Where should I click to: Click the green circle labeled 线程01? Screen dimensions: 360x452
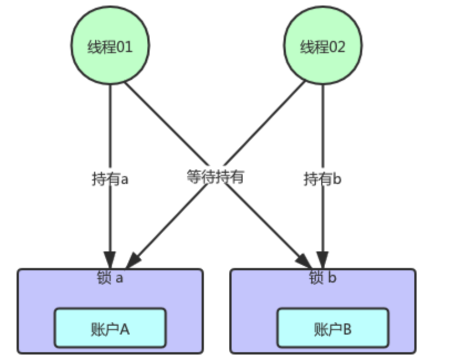110,46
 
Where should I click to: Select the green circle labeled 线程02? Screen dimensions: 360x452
323,46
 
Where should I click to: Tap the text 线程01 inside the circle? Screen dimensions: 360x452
110,47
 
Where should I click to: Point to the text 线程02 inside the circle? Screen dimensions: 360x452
323,47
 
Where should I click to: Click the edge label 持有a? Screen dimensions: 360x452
110,179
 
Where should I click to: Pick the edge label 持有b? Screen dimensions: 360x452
323,179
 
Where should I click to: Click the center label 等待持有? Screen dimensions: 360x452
215,177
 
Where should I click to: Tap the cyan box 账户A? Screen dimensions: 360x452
110,328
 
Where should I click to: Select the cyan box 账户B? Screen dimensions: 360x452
332,328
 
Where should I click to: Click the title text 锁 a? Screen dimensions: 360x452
110,277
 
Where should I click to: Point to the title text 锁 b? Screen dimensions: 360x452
322,277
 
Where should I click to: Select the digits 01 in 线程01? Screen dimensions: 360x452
125,47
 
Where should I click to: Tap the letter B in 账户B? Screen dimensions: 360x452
347,329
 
